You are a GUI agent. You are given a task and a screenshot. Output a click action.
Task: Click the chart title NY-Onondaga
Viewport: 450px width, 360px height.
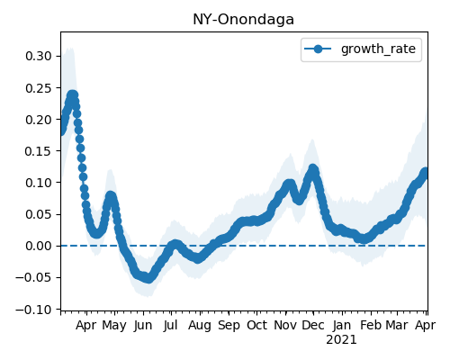[x=243, y=20]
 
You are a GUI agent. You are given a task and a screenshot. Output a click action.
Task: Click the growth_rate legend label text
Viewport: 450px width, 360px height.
[x=378, y=49]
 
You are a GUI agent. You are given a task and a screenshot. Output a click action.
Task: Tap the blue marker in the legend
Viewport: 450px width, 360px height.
[x=318, y=49]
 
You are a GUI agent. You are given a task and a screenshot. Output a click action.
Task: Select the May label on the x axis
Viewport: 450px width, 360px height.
[x=114, y=326]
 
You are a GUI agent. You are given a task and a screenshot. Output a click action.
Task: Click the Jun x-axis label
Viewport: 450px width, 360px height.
[x=143, y=326]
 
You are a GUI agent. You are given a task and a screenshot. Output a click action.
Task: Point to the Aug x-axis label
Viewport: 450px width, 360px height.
[x=200, y=326]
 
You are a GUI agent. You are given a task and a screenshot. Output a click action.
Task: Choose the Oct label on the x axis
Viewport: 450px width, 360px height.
[x=256, y=326]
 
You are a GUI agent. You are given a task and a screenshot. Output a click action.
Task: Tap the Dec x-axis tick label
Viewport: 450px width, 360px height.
[x=313, y=326]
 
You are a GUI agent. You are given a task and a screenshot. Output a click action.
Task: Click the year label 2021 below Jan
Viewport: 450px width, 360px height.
[x=341, y=340]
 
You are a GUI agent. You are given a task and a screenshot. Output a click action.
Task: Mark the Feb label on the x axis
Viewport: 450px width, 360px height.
[x=371, y=326]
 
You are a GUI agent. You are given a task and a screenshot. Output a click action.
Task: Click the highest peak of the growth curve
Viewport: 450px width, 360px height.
[x=72, y=95]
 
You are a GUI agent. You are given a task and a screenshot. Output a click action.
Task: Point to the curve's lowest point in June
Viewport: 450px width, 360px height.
[x=148, y=279]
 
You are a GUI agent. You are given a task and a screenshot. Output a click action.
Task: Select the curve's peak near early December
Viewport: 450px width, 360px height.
[x=313, y=169]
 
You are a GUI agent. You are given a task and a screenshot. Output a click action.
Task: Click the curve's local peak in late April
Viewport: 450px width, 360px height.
[x=111, y=196]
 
